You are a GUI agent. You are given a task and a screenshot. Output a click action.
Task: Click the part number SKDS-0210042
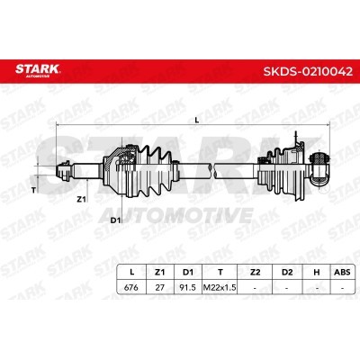[x=308, y=72]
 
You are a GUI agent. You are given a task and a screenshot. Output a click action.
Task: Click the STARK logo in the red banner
[x=38, y=70]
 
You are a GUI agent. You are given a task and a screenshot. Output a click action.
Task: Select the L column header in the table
[x=131, y=272]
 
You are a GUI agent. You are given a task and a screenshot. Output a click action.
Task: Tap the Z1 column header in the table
[x=160, y=272]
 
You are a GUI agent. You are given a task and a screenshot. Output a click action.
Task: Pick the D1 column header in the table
[x=188, y=272]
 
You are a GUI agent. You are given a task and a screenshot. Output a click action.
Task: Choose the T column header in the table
[x=220, y=272]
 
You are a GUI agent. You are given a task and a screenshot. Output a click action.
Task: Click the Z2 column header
[x=255, y=272]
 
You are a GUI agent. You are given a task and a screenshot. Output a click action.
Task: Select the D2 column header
[x=287, y=272]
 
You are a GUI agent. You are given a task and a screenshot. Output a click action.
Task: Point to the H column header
[x=316, y=272]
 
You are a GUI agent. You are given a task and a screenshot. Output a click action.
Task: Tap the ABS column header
[x=342, y=272]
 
